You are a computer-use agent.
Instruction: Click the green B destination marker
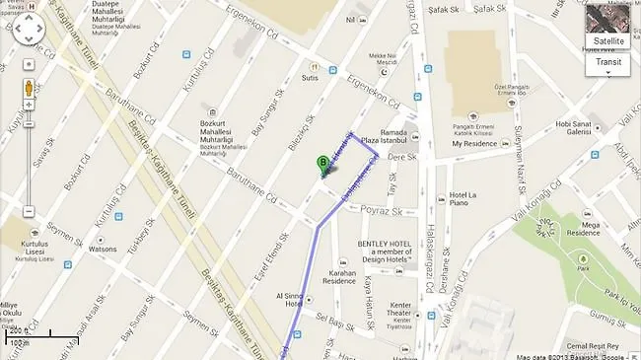tap(322, 164)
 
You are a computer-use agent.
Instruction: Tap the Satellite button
tap(608, 40)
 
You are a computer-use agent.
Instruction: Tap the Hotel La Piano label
tap(464, 201)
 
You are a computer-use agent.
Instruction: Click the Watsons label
tap(104, 250)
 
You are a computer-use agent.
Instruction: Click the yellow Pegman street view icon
tap(29, 87)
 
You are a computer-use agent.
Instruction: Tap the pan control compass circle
tap(29, 32)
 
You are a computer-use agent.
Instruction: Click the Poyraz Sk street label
tap(382, 211)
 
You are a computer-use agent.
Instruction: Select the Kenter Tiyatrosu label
tap(400, 311)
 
